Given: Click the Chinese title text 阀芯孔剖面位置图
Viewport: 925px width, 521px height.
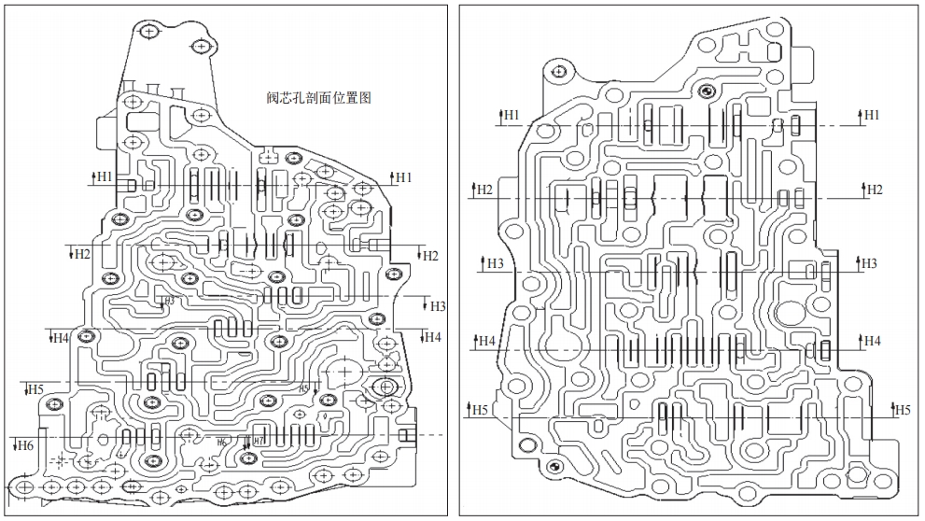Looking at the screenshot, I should click(x=318, y=98).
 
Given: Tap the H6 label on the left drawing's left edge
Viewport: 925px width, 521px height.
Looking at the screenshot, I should click(x=25, y=445).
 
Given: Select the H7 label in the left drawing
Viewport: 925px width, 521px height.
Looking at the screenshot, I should click(x=258, y=439).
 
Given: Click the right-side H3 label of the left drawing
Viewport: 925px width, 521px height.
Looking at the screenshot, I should click(x=438, y=306).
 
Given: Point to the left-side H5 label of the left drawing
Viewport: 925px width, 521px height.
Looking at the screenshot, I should click(x=35, y=388).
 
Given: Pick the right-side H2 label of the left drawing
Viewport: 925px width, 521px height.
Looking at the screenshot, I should click(x=430, y=255).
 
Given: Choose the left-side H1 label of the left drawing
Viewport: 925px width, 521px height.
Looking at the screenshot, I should click(x=103, y=176).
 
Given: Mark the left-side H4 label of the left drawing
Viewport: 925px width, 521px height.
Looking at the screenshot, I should click(x=60, y=337).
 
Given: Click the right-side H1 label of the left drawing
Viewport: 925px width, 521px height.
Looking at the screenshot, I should click(x=403, y=176).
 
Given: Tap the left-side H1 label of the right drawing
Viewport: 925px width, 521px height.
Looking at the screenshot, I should click(x=510, y=115).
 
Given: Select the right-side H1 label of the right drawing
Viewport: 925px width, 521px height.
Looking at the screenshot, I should click(x=871, y=115).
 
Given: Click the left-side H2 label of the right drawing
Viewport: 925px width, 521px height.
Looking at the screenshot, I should click(x=484, y=190).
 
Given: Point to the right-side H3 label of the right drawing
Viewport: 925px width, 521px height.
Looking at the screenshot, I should click(x=868, y=263).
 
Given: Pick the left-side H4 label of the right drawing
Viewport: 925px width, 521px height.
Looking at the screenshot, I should click(x=486, y=341).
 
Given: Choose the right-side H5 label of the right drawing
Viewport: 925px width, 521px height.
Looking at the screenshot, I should click(x=902, y=409).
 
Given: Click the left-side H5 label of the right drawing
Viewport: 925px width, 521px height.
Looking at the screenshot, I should click(x=479, y=409).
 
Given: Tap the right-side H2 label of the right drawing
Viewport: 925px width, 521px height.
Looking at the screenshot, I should click(x=874, y=190).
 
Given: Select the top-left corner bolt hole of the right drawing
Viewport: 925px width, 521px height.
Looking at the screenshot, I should click(x=558, y=71).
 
